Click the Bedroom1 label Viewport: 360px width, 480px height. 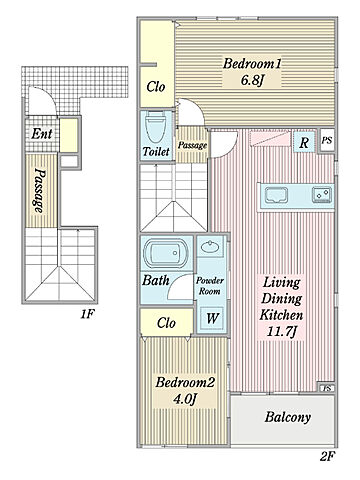(252, 64)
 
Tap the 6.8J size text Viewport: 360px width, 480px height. (252, 80)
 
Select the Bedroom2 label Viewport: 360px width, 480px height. (185, 382)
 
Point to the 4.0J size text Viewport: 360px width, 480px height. (185, 398)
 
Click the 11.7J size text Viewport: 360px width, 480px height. (282, 331)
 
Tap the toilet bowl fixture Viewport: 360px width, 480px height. (156, 127)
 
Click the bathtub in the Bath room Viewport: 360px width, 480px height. (165, 253)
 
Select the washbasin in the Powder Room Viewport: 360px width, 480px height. (210, 247)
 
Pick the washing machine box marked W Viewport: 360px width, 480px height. (212, 319)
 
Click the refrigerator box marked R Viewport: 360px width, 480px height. (304, 142)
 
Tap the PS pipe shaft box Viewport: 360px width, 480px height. (327, 140)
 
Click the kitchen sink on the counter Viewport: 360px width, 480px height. (277, 195)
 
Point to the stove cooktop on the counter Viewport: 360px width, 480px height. (322, 195)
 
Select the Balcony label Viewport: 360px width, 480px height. (288, 417)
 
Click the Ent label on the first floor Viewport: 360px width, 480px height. (42, 134)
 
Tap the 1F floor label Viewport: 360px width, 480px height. (88, 314)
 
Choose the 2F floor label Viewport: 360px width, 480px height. (327, 456)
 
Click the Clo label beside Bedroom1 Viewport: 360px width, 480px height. (156, 87)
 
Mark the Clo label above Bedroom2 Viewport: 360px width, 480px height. (166, 323)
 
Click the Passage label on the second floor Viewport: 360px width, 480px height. (192, 145)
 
